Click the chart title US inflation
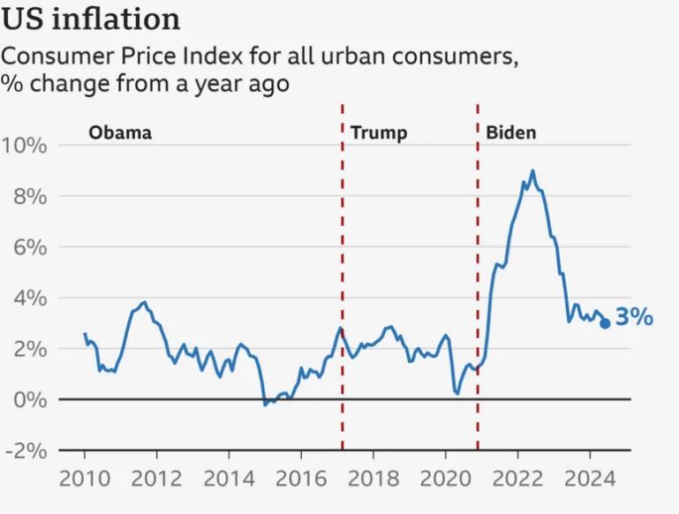click(91, 19)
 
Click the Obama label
click(120, 133)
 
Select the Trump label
click(379, 133)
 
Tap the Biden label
click(510, 133)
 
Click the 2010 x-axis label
click(85, 481)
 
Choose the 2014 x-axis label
click(229, 481)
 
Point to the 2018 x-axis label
click(373, 481)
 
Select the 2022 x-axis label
click(517, 481)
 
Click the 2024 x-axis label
click(588, 481)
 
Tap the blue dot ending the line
click(605, 323)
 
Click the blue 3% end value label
click(634, 317)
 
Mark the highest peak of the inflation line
click(532, 170)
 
